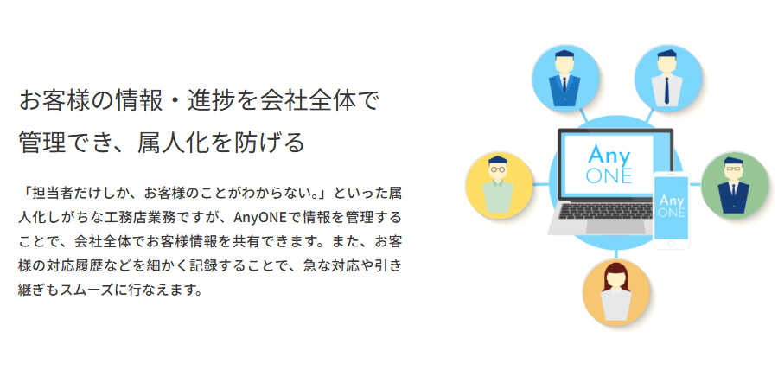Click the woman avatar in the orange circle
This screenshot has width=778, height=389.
(x=615, y=292)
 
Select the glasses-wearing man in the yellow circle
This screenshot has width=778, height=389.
(x=498, y=184)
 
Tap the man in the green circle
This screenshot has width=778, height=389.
(x=733, y=184)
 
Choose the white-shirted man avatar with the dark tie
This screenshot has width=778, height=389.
(x=666, y=79)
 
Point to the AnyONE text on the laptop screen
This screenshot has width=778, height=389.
(x=609, y=164)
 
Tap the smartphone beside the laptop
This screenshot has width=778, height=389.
(x=672, y=210)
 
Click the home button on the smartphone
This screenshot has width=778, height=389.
(x=672, y=244)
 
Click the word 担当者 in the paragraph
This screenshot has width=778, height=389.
(x=52, y=190)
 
